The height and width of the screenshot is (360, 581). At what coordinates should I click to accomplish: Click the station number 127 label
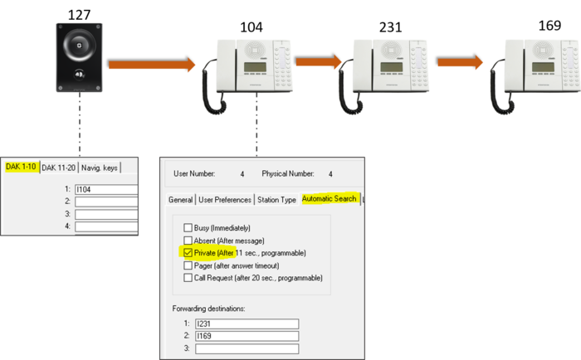79,15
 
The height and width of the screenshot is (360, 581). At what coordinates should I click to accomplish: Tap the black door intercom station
80,57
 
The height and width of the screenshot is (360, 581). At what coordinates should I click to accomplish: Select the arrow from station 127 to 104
152,65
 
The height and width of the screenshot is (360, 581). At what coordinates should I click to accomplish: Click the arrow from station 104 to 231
318,61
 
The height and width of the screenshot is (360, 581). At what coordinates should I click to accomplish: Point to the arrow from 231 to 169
460,62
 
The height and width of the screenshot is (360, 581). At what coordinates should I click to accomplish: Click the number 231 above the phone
390,27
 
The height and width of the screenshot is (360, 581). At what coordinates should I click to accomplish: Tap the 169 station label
549,25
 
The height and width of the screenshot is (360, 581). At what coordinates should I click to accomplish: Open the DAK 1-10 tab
21,167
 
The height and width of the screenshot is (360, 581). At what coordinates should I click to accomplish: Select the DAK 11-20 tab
59,168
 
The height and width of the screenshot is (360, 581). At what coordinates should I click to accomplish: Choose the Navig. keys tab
100,168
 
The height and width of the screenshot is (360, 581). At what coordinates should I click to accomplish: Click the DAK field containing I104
106,190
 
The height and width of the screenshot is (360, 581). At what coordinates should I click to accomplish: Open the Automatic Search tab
329,199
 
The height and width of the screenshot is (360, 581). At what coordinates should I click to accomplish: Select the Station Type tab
276,200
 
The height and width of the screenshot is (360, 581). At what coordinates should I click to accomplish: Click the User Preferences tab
225,200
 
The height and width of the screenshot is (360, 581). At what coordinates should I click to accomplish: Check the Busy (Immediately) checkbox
188,227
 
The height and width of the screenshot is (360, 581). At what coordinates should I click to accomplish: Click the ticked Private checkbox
188,253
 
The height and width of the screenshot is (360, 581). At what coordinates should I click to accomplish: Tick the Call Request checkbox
188,278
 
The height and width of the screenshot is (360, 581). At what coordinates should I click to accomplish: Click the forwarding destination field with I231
247,324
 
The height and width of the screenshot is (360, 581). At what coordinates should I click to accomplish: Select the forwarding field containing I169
247,336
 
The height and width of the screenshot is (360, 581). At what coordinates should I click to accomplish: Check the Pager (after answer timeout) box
188,265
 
